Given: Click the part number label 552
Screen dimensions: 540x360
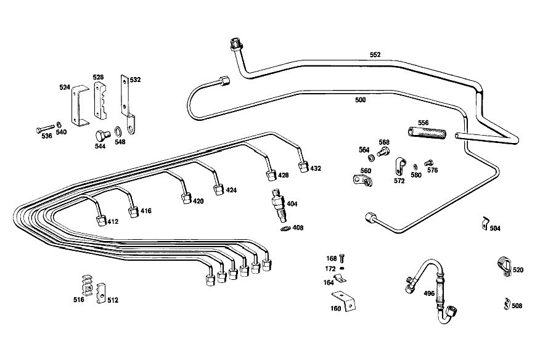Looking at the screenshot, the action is point(375,54).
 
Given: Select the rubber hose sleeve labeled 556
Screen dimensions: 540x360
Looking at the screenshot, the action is point(427,133).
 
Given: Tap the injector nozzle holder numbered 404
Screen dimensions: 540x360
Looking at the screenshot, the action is point(279,206).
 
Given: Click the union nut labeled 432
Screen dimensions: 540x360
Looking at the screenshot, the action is point(303,166).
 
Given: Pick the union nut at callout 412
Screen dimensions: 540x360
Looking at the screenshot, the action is point(102,221).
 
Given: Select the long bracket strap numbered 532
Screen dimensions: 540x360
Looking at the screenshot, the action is point(127,104).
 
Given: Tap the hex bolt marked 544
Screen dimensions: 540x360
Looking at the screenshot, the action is point(102,136).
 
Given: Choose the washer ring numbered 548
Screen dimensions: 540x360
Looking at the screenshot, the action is point(118,131).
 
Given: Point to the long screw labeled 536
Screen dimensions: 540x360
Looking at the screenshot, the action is point(46,129).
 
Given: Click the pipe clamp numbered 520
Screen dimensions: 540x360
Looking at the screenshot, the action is point(504,266).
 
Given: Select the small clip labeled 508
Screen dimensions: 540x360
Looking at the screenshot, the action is point(507,303).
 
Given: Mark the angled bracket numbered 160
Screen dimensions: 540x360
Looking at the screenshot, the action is point(345,300).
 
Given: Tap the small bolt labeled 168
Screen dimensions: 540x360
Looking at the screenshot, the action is point(342,258).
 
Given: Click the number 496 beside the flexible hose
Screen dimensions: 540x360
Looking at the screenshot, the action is point(429,293).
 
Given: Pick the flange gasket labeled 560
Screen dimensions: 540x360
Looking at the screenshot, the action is point(363,180).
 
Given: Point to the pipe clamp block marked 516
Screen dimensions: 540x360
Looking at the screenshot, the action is point(87,285).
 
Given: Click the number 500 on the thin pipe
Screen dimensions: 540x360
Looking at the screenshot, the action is point(360,100).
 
